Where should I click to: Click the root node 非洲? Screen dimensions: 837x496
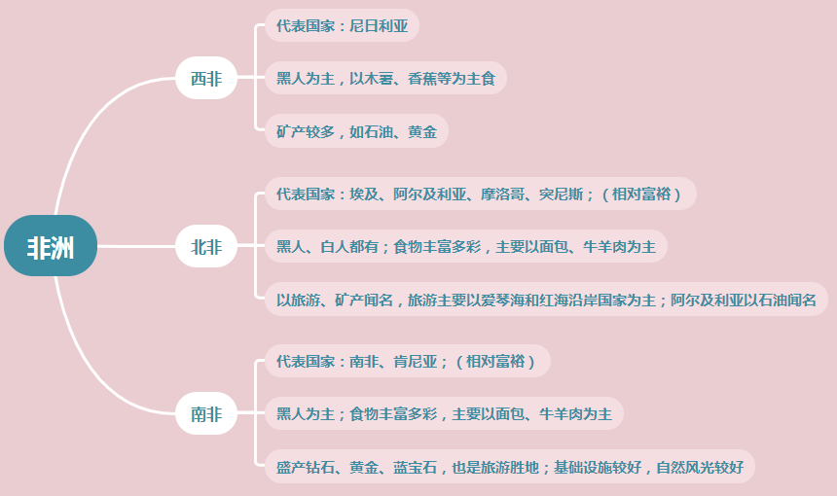pos(51,246)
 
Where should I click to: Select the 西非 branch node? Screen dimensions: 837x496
pos(205,79)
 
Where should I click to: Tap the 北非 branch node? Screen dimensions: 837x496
pos(205,247)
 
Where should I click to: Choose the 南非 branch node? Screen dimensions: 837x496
pos(205,415)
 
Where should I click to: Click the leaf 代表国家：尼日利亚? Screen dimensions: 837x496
pos(342,26)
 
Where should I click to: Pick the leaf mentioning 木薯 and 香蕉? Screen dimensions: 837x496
pos(385,79)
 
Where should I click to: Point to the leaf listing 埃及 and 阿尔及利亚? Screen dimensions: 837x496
pos(480,194)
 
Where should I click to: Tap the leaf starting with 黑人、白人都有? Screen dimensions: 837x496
pos(465,247)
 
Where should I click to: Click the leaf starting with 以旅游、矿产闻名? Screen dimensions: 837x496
pos(545,300)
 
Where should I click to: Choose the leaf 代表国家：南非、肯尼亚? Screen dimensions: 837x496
pos(407,362)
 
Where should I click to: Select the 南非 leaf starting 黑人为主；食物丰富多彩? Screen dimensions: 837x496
pos(444,415)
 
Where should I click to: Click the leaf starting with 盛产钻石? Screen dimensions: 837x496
pos(509,467)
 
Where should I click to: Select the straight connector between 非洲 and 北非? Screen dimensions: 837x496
pos(136,247)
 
